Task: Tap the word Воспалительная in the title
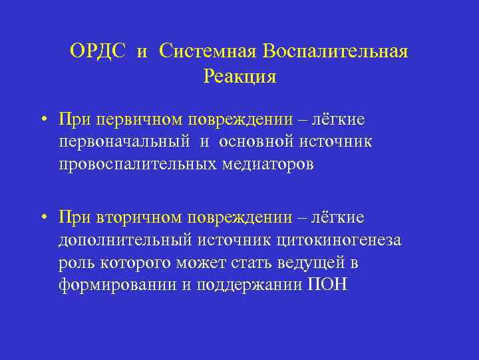(x=335, y=52)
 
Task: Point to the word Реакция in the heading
(x=239, y=77)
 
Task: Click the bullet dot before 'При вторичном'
(x=42, y=219)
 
